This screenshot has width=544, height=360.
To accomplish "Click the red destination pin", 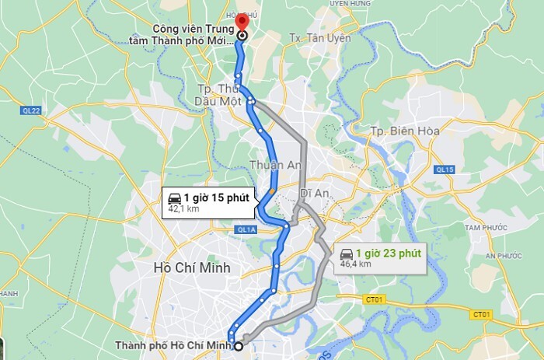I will click(x=242, y=21).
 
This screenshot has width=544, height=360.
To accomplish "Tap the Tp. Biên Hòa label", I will click(x=405, y=131).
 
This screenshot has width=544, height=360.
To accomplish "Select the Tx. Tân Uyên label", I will click(x=319, y=37).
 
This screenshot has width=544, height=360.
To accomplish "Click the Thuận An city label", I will click(x=270, y=165).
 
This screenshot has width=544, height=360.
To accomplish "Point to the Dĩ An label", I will click(x=311, y=192).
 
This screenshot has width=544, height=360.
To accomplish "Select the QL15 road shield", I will click(x=445, y=170).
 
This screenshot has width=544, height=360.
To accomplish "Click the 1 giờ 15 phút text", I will click(x=216, y=197).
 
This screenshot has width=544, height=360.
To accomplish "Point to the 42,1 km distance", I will click(x=183, y=209).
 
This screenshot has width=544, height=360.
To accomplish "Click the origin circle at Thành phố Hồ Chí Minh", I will click(x=239, y=347).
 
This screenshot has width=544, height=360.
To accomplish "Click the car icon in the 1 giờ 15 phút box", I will click(x=174, y=197).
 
